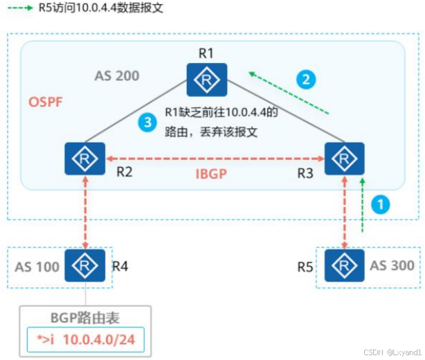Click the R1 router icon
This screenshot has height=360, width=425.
click(206, 80)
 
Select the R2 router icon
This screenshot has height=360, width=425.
click(84, 159)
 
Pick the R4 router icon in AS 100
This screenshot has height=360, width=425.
click(84, 265)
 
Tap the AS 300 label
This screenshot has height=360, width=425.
click(392, 265)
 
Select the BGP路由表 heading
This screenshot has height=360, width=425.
click(86, 318)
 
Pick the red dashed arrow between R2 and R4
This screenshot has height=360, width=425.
click(84, 211)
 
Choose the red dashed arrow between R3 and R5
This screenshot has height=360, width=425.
click(345, 211)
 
